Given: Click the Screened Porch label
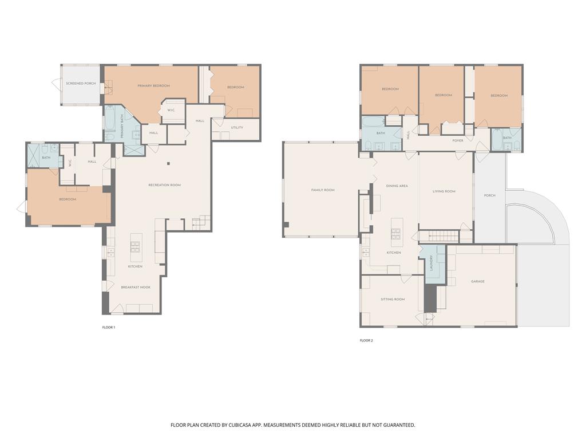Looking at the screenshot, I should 81,84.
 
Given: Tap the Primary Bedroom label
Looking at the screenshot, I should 153,86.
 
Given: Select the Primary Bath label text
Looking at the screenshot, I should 121,127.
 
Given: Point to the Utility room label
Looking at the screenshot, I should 237,127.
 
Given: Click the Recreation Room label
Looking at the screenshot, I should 164,185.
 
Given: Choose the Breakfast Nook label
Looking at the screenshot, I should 136,287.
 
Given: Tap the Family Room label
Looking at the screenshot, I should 323,190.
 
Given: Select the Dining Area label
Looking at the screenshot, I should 397,186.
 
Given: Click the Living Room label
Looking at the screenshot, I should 444,191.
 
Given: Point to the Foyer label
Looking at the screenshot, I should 458,140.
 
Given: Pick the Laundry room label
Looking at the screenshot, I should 431,264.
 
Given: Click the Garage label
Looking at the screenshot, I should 478,281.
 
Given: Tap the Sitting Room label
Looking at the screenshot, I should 393,299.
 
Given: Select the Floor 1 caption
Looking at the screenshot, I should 108,327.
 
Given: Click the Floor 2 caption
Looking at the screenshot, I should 366,340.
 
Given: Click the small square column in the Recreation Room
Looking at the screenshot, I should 168,164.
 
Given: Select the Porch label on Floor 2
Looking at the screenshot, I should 489,195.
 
